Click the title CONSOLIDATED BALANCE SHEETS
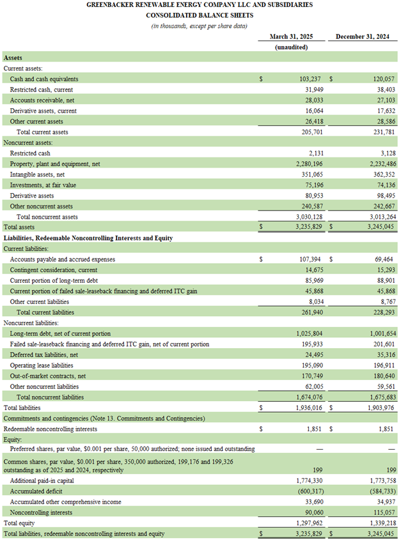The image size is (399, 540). (x=199, y=15)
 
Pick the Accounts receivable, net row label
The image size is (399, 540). (x=42, y=100)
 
